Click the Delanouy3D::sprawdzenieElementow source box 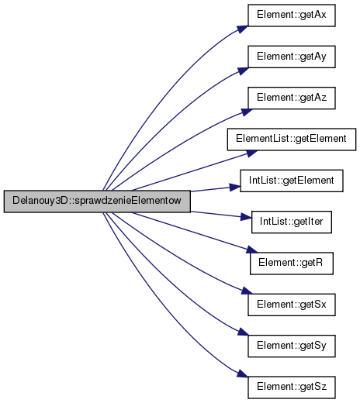(x=97, y=201)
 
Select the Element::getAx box (x=292, y=15)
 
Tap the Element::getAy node (x=292, y=57)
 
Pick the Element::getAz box (x=292, y=98)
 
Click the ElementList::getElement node (x=292, y=139)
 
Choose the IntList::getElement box (x=292, y=181)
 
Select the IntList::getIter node (x=292, y=222)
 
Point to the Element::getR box (x=292, y=263)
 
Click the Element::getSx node (x=292, y=305)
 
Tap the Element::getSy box (x=292, y=346)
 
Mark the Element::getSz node (x=292, y=387)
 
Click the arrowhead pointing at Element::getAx (x=243, y=29)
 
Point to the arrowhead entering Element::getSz (x=243, y=374)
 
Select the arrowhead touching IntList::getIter (x=246, y=217)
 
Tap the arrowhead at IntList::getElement (x=235, y=187)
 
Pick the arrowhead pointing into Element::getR (x=251, y=250)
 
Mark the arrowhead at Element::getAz (x=247, y=112)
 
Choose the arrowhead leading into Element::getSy (x=243, y=332)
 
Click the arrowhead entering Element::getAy (x=243, y=71)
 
